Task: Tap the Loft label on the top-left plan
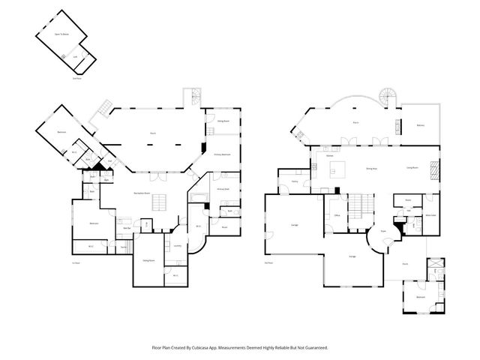[x=75, y=57]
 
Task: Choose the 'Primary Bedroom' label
[x=221, y=154]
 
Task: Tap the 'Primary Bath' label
[x=223, y=189]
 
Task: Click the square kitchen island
[x=337, y=167]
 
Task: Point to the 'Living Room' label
[x=412, y=168]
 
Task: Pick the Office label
[x=337, y=215]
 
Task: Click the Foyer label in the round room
[x=382, y=232]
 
